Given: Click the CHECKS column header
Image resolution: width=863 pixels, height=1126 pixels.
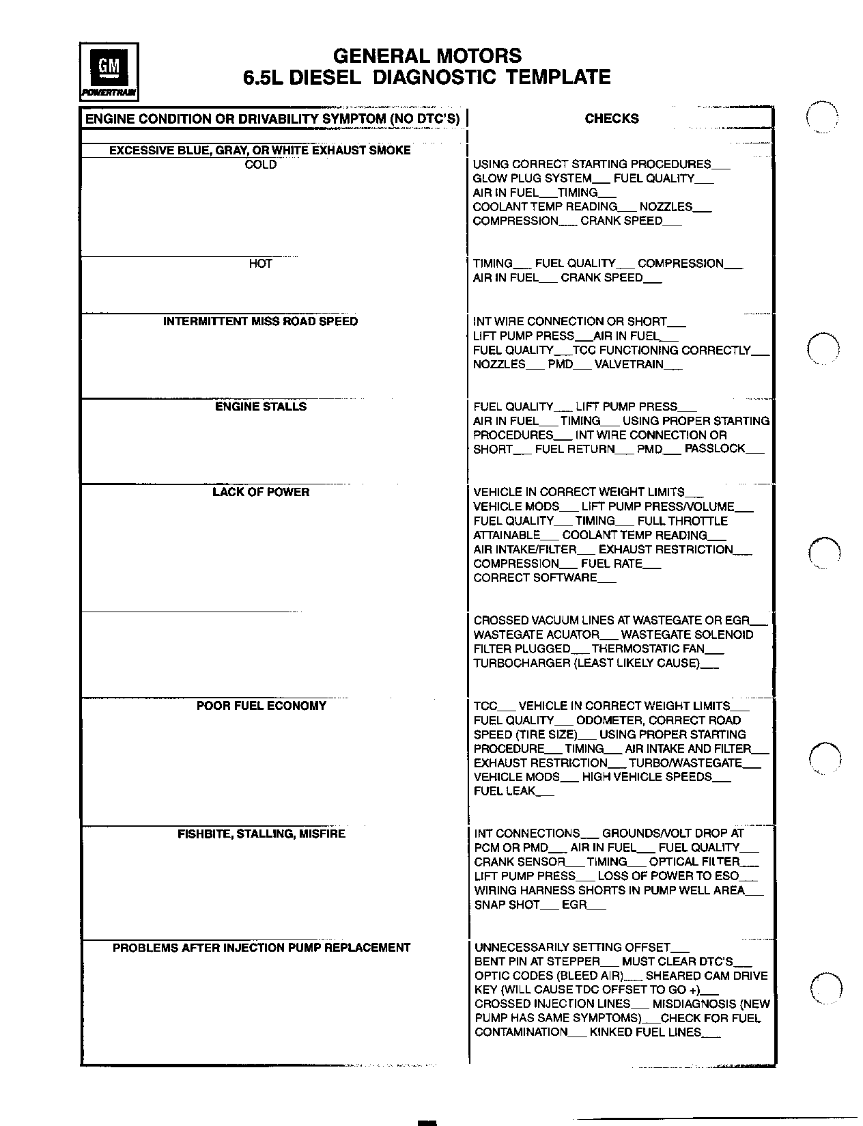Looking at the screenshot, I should pyautogui.click(x=611, y=119).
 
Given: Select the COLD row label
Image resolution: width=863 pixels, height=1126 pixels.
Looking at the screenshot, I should pyautogui.click(x=261, y=165).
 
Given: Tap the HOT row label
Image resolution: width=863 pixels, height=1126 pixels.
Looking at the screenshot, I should pyautogui.click(x=261, y=264).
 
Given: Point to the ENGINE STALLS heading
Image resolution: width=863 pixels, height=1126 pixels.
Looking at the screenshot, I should pyautogui.click(x=261, y=407).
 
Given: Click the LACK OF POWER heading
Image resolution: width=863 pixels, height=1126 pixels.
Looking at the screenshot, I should pyautogui.click(x=261, y=492).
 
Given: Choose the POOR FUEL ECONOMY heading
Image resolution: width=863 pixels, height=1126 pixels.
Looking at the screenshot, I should pyautogui.click(x=261, y=706).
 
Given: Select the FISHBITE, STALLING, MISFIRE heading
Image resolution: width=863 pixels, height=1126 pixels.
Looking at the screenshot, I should pyautogui.click(x=261, y=834).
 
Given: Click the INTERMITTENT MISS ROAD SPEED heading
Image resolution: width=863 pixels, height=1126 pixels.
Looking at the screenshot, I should pyautogui.click(x=260, y=321).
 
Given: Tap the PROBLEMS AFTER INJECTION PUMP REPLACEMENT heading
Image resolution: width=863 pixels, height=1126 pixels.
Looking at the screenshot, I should pyautogui.click(x=261, y=948).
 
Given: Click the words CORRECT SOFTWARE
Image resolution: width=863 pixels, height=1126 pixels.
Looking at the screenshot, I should pyautogui.click(x=535, y=578).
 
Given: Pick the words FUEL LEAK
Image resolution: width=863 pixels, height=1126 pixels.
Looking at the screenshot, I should pyautogui.click(x=505, y=791).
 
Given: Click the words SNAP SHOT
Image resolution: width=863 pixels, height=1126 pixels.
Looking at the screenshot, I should pyautogui.click(x=507, y=905).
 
